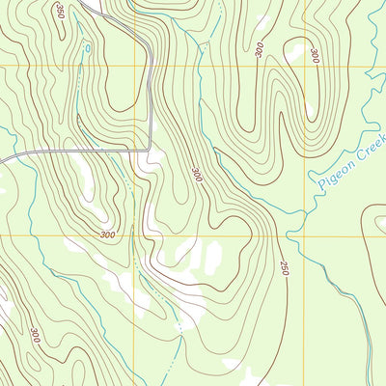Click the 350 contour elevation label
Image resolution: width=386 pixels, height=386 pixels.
60,12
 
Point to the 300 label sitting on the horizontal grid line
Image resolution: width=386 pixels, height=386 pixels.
106,234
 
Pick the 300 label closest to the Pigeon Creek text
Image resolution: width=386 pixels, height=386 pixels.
315,56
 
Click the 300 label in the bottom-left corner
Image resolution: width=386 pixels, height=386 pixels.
35,336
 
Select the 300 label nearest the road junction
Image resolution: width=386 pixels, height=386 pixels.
197,174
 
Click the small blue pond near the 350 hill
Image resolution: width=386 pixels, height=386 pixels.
88,46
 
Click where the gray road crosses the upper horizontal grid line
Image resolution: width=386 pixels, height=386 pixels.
152,67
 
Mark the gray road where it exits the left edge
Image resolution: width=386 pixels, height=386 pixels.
2,157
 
